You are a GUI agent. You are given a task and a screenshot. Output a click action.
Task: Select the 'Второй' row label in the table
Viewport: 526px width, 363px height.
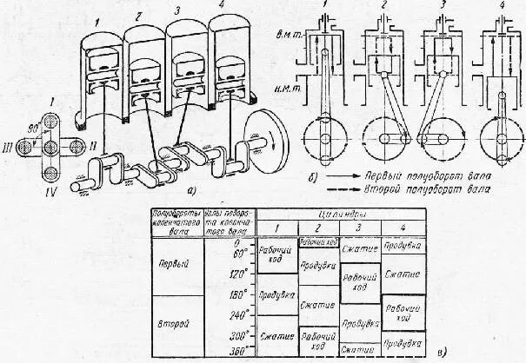coord(176,323)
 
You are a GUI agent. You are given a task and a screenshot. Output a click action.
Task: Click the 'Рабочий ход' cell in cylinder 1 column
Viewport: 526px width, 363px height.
coord(276,259)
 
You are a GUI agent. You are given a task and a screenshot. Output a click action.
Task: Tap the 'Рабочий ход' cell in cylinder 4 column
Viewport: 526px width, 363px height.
coord(403,312)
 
